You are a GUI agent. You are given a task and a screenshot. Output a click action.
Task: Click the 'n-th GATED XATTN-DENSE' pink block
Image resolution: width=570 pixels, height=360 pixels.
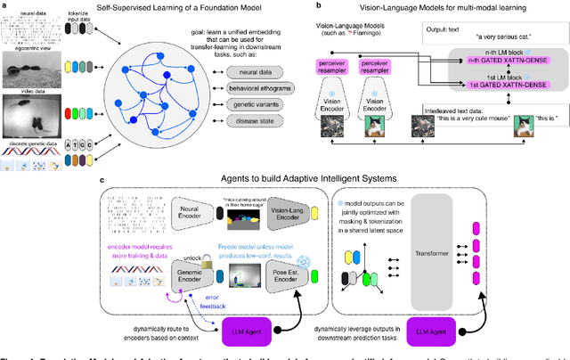pyautogui.click(x=510, y=60)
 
